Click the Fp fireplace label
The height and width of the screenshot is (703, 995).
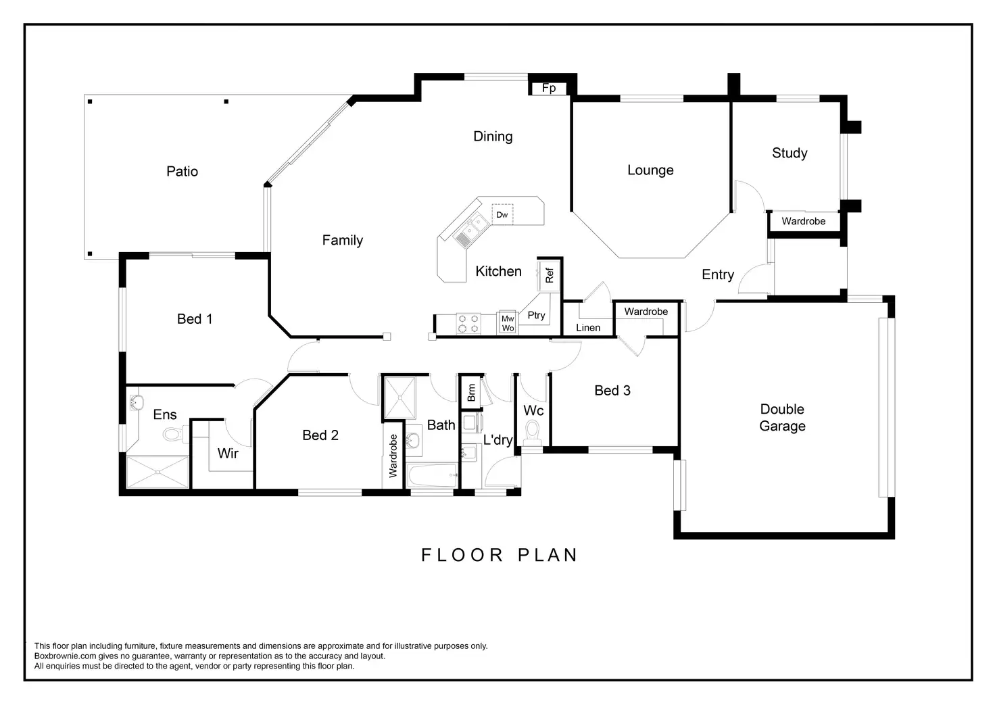(x=549, y=88)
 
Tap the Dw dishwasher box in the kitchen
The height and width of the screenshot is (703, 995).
(x=502, y=214)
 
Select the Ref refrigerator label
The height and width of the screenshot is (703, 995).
(x=550, y=275)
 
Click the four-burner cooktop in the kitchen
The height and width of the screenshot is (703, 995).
(x=468, y=323)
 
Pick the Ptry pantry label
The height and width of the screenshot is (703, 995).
(x=536, y=315)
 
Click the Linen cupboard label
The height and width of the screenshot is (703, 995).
(x=588, y=328)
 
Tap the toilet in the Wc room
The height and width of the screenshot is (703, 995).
(x=532, y=433)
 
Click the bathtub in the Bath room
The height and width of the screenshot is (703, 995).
(x=432, y=476)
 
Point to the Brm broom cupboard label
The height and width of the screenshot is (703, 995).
(x=471, y=392)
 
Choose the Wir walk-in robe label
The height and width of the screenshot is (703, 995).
(x=228, y=454)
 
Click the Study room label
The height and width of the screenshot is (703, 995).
(x=790, y=153)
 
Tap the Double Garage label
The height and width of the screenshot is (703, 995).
(x=782, y=418)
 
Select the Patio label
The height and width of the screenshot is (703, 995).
(x=182, y=172)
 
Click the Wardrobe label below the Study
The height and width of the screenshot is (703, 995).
(x=804, y=221)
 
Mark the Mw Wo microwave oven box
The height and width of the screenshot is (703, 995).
(x=508, y=323)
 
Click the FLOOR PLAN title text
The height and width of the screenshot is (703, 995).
(x=500, y=555)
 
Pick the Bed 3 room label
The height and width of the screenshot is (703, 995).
(x=612, y=390)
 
